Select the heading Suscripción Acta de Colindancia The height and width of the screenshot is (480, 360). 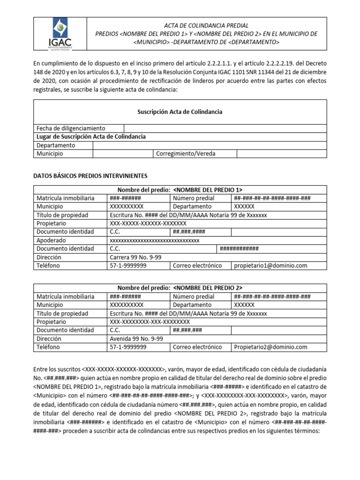[x=180, y=112]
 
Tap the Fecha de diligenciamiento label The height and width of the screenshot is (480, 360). [x=71, y=128]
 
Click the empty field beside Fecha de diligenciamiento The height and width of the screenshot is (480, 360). [x=225, y=128]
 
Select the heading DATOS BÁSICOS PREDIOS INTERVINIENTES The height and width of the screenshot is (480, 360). [x=90, y=176]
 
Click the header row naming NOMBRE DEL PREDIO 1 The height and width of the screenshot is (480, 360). [x=180, y=190]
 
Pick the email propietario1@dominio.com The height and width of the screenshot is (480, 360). [x=270, y=266]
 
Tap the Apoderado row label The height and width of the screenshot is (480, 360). [x=52, y=240]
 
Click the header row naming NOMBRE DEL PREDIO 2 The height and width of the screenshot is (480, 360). [x=180, y=288]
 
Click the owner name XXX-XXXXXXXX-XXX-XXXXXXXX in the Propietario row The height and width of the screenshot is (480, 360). [x=150, y=322]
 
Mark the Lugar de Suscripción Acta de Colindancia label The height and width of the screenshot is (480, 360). [x=91, y=136]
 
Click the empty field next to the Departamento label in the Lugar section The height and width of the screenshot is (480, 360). [x=210, y=145]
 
